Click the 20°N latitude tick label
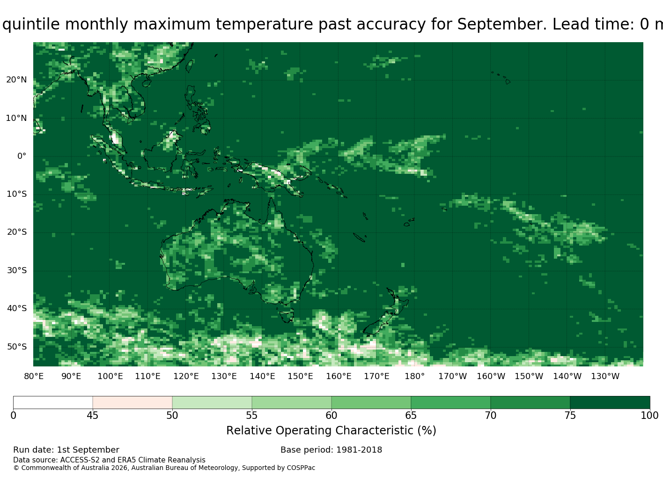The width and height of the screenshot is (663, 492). [x=16, y=80]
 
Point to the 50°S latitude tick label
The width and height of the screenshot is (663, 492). [x=17, y=347]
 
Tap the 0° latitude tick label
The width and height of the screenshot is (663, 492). [x=22, y=156]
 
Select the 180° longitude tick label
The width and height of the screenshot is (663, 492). [x=414, y=376]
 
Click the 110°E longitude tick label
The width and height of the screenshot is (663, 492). [x=147, y=376]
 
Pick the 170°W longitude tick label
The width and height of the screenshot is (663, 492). [x=453, y=376]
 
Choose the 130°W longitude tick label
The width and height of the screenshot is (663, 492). [x=605, y=376]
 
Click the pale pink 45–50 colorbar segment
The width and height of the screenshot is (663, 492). [x=133, y=403]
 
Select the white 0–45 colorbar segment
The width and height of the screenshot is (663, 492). [x=53, y=403]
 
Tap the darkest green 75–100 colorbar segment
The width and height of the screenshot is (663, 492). [x=610, y=403]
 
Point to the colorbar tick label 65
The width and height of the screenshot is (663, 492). [x=411, y=415]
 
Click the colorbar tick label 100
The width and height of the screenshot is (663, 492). [x=649, y=415]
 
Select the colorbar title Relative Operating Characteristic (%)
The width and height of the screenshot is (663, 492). [x=331, y=431]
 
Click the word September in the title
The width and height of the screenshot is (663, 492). [x=502, y=24]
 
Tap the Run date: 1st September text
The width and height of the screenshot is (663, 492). [x=66, y=450]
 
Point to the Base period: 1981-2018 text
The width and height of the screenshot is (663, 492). [x=331, y=450]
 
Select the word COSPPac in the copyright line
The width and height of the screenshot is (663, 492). [x=301, y=468]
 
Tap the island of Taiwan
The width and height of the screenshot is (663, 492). [x=190, y=66]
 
